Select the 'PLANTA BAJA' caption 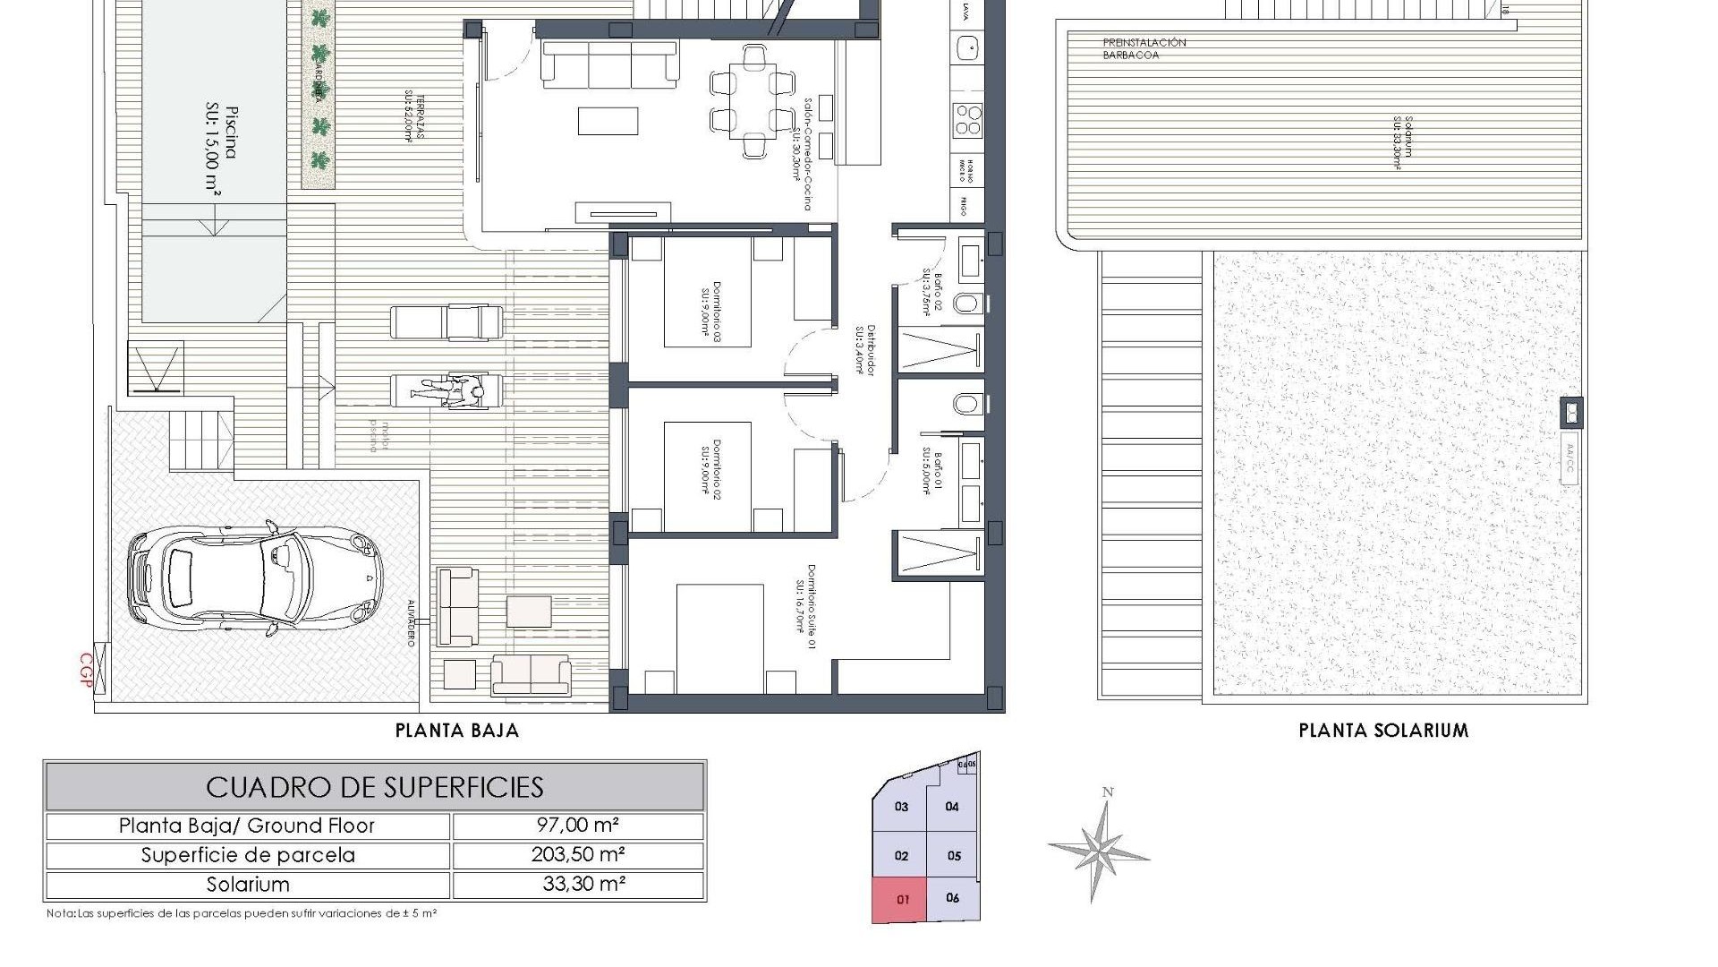(x=457, y=731)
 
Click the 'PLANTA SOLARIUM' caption (x=1383, y=731)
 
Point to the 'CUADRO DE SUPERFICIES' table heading (x=375, y=787)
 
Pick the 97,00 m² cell (x=578, y=826)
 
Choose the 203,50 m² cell (x=578, y=854)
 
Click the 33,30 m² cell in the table (x=578, y=884)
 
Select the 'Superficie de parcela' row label (x=248, y=855)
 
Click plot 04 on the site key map (x=952, y=807)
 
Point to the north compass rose (x=1099, y=847)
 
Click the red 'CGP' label (x=87, y=670)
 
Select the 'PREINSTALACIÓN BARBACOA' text (x=1132, y=48)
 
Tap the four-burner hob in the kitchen (x=967, y=119)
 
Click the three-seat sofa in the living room (x=609, y=64)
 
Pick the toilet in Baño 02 (x=966, y=303)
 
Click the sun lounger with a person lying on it (x=447, y=391)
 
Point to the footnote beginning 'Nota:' (x=242, y=914)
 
